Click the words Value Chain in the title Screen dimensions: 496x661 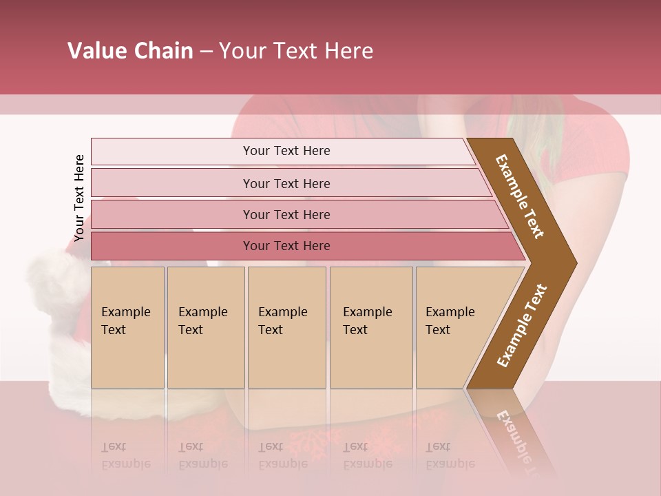[x=130, y=51]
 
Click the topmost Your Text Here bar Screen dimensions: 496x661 [x=286, y=151]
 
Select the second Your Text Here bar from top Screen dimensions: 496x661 [x=286, y=183]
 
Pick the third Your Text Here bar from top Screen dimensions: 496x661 [x=286, y=214]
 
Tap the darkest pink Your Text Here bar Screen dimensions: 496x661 [x=286, y=246]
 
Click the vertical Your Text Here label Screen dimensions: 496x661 [x=79, y=198]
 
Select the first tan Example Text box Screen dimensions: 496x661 [x=127, y=327]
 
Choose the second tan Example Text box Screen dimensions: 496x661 [x=205, y=327]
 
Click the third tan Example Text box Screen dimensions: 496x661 [x=286, y=327]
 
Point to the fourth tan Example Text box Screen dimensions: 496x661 [x=370, y=327]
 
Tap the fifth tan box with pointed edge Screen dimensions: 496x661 [x=454, y=327]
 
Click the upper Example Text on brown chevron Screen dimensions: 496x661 [x=520, y=196]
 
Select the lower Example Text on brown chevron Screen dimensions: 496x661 [x=522, y=326]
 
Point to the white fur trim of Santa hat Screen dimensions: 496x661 [x=59, y=289]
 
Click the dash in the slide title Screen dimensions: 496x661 [x=206, y=52]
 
